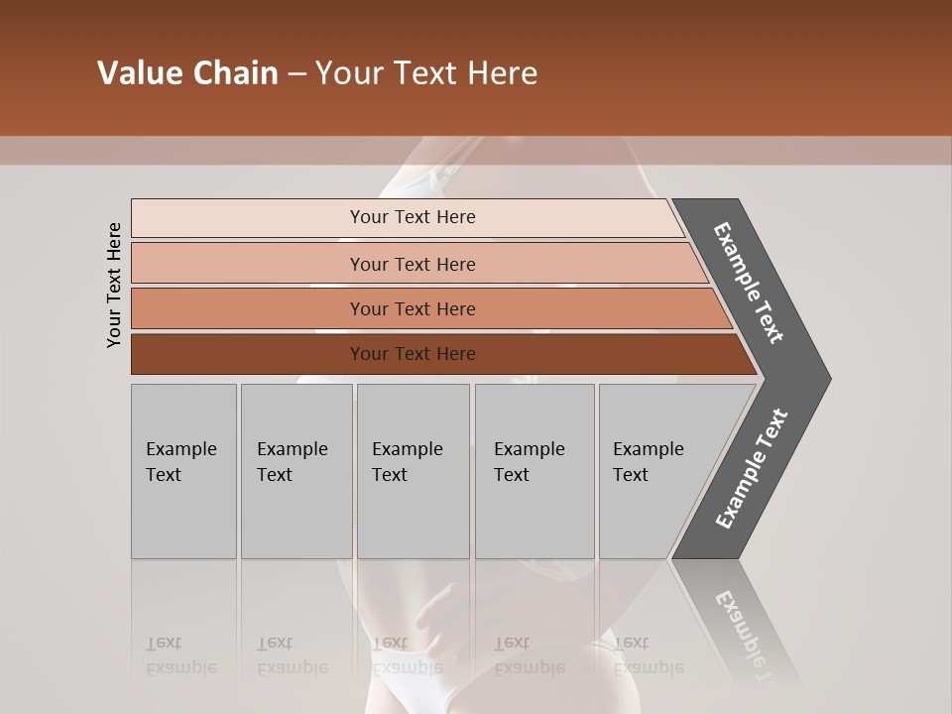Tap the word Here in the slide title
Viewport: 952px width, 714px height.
tap(502, 73)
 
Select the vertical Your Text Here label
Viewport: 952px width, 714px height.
tap(115, 285)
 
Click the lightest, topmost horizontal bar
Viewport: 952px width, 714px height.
tap(248, 218)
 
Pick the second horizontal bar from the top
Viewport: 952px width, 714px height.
tap(248, 264)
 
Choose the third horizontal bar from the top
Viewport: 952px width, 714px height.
tap(248, 308)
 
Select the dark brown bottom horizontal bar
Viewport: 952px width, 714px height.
tap(248, 354)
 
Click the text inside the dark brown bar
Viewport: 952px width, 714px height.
tap(413, 354)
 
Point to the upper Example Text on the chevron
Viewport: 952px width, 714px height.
tap(749, 283)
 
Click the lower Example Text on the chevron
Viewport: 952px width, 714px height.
tap(752, 468)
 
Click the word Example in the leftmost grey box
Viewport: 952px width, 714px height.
tap(180, 449)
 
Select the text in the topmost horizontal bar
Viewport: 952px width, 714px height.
tap(413, 217)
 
